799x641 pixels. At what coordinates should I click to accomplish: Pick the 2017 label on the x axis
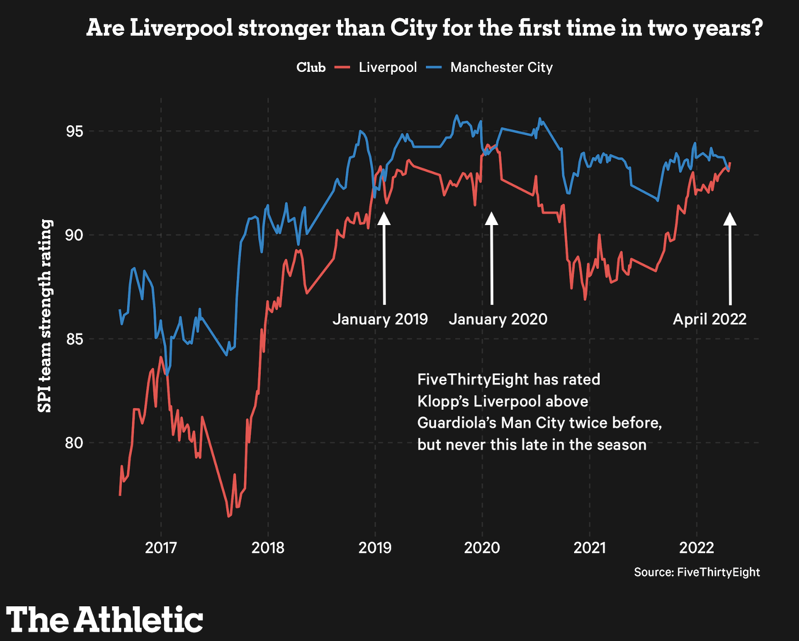tap(161, 547)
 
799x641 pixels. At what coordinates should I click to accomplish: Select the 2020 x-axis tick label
tap(482, 547)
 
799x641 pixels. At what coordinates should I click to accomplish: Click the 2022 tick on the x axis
tap(696, 547)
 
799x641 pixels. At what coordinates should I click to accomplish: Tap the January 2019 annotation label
tap(380, 319)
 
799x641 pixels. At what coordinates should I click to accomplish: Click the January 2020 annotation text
tap(498, 319)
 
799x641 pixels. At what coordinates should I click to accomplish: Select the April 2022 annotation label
tap(709, 319)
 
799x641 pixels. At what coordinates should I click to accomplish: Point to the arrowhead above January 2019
tap(384, 218)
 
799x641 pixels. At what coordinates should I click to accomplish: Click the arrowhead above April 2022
tap(729, 218)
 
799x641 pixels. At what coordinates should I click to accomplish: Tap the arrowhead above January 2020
tap(492, 218)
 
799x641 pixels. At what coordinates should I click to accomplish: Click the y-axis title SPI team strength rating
tap(45, 316)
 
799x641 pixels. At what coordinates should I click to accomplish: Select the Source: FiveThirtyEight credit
tap(697, 573)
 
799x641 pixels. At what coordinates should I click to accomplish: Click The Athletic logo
tap(105, 619)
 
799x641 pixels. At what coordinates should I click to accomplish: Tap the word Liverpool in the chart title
tap(181, 28)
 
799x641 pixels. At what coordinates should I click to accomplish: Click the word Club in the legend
tap(311, 67)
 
